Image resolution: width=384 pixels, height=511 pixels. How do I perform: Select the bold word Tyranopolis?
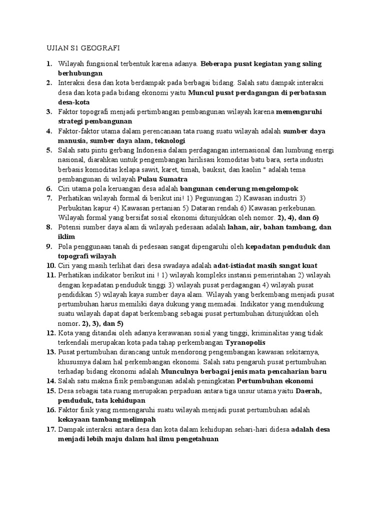[245, 343]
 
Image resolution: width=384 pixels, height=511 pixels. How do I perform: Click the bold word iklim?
[67, 237]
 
